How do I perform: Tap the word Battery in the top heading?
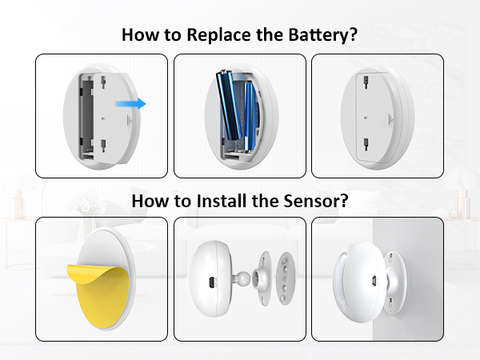pos(323,35)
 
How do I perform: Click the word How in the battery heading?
pos(138,35)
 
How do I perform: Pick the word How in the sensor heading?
pos(150,202)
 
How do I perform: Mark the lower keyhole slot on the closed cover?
pos(366,144)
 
